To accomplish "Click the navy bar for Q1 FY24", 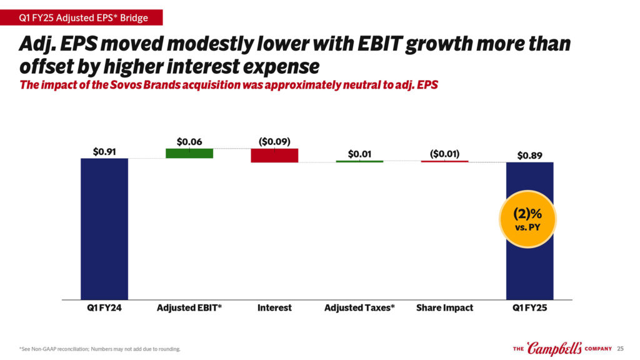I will click(x=104, y=229).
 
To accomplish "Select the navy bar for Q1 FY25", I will click(x=529, y=262).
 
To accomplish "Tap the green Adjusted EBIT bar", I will click(x=189, y=153).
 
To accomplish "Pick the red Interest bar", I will click(x=274, y=155).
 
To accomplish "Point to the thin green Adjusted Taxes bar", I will click(x=359, y=161).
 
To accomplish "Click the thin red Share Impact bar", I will click(x=444, y=161).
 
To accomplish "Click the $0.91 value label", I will click(x=104, y=151).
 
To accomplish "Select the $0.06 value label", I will click(x=189, y=142).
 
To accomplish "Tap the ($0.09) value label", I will click(x=274, y=142).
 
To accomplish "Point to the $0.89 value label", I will click(x=529, y=156).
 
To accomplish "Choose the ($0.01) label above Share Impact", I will click(x=444, y=153).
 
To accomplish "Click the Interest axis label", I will click(x=274, y=308).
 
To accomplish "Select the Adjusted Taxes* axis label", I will click(x=359, y=308).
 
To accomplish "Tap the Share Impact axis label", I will click(x=444, y=308).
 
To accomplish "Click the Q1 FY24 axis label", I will click(x=104, y=308).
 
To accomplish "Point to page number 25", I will click(x=621, y=348).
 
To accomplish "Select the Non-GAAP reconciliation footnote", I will click(x=100, y=349).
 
